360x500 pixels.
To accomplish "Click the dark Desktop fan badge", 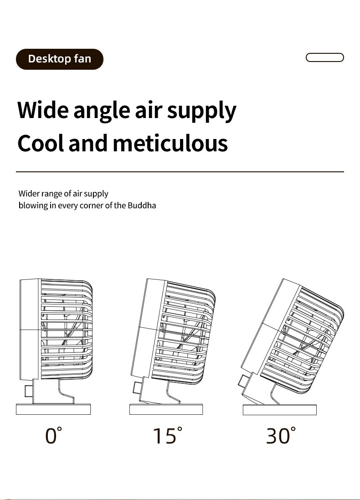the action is click(60, 59).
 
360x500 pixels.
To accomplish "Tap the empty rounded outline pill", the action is click(324, 57).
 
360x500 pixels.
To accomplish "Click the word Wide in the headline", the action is click(43, 110).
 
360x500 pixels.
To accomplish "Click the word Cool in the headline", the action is click(41, 143).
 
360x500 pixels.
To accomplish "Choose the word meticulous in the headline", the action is click(170, 143).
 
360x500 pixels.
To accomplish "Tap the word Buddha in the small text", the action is click(142, 205).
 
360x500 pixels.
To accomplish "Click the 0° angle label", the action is click(53, 436).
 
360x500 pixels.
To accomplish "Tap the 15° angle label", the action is click(167, 436).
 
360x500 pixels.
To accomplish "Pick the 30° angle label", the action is click(281, 436).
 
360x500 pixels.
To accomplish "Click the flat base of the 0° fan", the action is click(53, 409).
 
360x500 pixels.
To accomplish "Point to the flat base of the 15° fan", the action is click(166, 409).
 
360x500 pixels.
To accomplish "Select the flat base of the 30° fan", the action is click(280, 409).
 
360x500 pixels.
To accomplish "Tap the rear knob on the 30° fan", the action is click(244, 381).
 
